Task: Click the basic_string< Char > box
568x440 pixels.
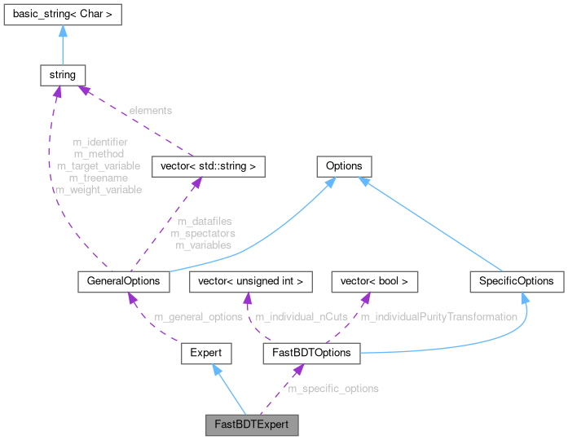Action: point(62,14)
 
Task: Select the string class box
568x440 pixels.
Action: point(62,75)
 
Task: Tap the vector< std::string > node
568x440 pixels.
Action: point(209,167)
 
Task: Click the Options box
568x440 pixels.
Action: point(343,166)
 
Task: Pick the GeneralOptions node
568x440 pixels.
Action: point(123,281)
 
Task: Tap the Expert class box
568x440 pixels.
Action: point(205,353)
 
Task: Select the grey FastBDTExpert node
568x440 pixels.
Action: point(251,425)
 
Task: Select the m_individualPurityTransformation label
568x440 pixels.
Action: point(438,317)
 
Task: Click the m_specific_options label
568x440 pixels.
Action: point(333,389)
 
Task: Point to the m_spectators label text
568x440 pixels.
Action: point(203,233)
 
